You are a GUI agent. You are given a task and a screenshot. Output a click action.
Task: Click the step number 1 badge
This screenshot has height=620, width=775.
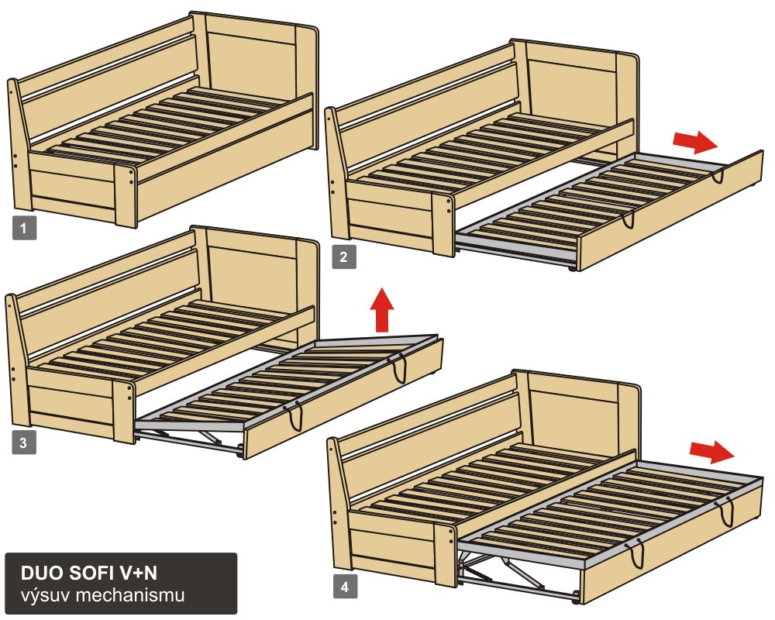(24, 229)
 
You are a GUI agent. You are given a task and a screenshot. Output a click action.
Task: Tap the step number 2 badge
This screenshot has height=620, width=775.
(344, 257)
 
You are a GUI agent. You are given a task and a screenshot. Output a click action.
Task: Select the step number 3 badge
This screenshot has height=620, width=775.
(24, 442)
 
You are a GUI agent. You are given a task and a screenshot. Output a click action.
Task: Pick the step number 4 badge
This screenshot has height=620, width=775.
(345, 587)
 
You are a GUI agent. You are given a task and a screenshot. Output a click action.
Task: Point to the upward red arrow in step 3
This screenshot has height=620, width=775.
(382, 309)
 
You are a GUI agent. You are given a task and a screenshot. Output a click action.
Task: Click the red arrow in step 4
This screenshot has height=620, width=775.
(712, 452)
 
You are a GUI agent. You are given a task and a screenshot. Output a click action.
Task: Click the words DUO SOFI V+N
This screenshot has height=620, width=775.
(89, 573)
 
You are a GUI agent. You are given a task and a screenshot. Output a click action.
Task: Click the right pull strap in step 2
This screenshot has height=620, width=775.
(718, 177)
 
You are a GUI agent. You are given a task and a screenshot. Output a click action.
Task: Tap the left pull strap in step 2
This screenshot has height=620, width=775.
(628, 219)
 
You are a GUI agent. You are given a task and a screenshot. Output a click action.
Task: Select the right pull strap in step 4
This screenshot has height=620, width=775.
(727, 512)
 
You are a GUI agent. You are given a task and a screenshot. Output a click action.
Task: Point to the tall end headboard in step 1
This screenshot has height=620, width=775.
(257, 84)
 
